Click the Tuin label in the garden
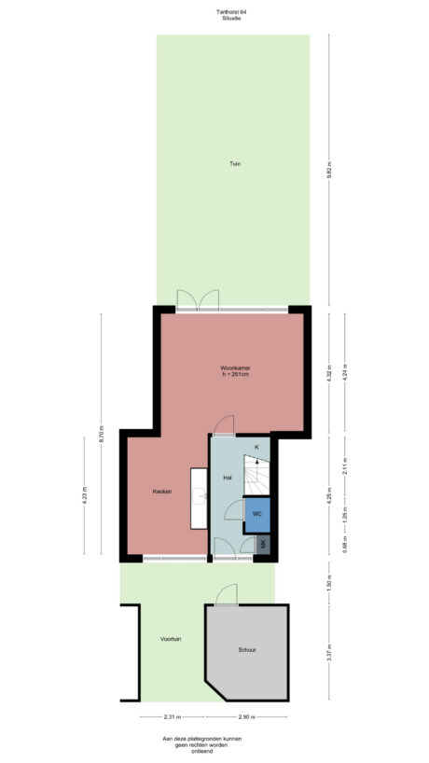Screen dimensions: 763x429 coord(235,164)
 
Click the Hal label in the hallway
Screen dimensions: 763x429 coord(227,478)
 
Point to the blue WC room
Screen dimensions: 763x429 coord(256,514)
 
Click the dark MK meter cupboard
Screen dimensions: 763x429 coord(264,544)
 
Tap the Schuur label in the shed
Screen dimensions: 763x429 coord(246,649)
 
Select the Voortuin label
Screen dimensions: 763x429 coord(171,639)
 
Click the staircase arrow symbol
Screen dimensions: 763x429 coord(257,460)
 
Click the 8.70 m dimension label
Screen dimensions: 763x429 coord(102,435)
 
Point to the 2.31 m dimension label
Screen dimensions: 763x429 coord(172,717)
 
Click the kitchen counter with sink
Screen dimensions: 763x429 coord(199,496)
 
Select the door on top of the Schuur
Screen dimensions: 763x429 coord(226,594)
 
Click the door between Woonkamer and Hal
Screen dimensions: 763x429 coord(224,426)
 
